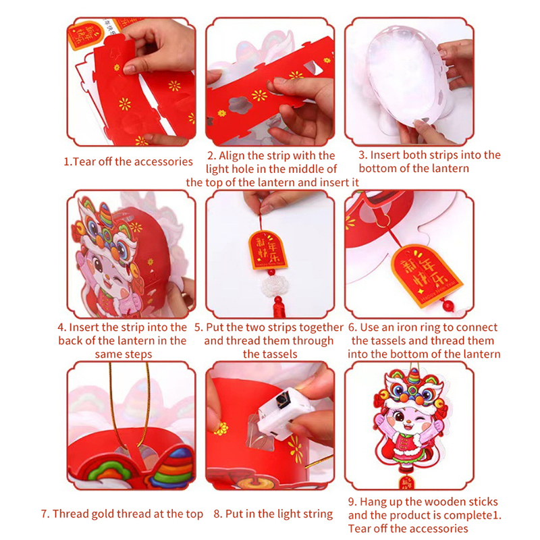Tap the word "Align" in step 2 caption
click(x=232, y=156)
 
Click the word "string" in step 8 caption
click(x=317, y=514)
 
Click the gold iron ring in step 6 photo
click(x=383, y=221)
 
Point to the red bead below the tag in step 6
click(x=448, y=305)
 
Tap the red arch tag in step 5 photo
click(x=268, y=249)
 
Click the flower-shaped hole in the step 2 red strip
click(x=239, y=105)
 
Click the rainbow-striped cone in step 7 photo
click(x=173, y=464)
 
